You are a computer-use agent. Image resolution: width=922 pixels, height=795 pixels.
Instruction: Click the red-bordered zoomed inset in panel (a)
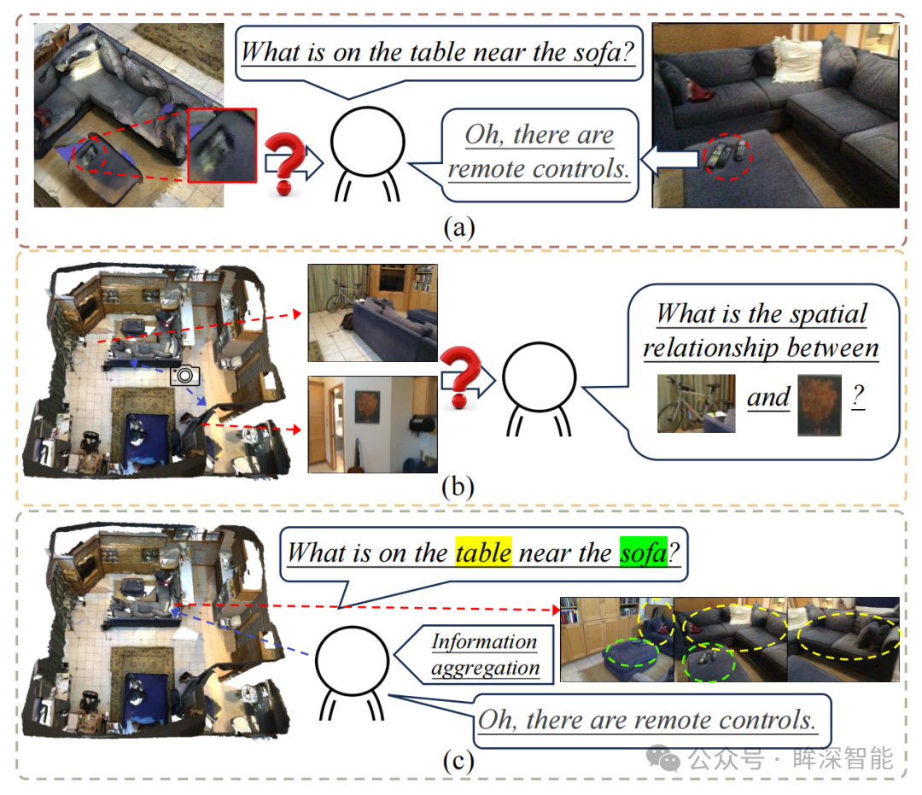coord(222,145)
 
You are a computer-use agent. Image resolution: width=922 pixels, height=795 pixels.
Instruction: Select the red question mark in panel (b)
coord(460,377)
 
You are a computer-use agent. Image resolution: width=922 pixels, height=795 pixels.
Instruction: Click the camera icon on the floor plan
coord(184,375)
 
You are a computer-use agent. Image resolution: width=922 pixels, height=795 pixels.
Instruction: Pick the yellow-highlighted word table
coord(483,552)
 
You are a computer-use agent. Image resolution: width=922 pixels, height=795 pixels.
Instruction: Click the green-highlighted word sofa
coord(644,552)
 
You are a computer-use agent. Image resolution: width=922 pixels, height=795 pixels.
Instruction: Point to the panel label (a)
coord(459,227)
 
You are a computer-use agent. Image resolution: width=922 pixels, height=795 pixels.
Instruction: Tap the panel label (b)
coord(458,487)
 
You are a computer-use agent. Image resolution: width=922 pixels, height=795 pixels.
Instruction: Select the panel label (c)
coord(458,761)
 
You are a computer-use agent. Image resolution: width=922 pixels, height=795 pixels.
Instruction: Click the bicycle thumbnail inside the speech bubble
coord(697,403)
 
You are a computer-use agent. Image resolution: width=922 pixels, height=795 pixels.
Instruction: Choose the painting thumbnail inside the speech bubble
coord(819,405)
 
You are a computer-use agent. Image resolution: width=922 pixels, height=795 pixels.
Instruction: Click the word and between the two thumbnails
coord(768,398)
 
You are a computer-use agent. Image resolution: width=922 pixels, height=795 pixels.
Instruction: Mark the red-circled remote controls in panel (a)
coord(728,156)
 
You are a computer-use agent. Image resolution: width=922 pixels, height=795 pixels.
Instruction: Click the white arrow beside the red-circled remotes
coord(670,159)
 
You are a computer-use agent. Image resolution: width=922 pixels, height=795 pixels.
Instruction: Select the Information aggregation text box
coord(485,654)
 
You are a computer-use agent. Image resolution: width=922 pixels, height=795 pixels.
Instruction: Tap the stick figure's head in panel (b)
coord(538,377)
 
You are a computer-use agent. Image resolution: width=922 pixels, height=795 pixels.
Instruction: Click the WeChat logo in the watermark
coord(663,759)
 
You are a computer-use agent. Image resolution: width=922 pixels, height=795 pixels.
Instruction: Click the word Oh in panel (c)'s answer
coord(498,721)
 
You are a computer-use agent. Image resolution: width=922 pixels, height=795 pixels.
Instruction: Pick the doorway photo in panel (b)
coord(373,424)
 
